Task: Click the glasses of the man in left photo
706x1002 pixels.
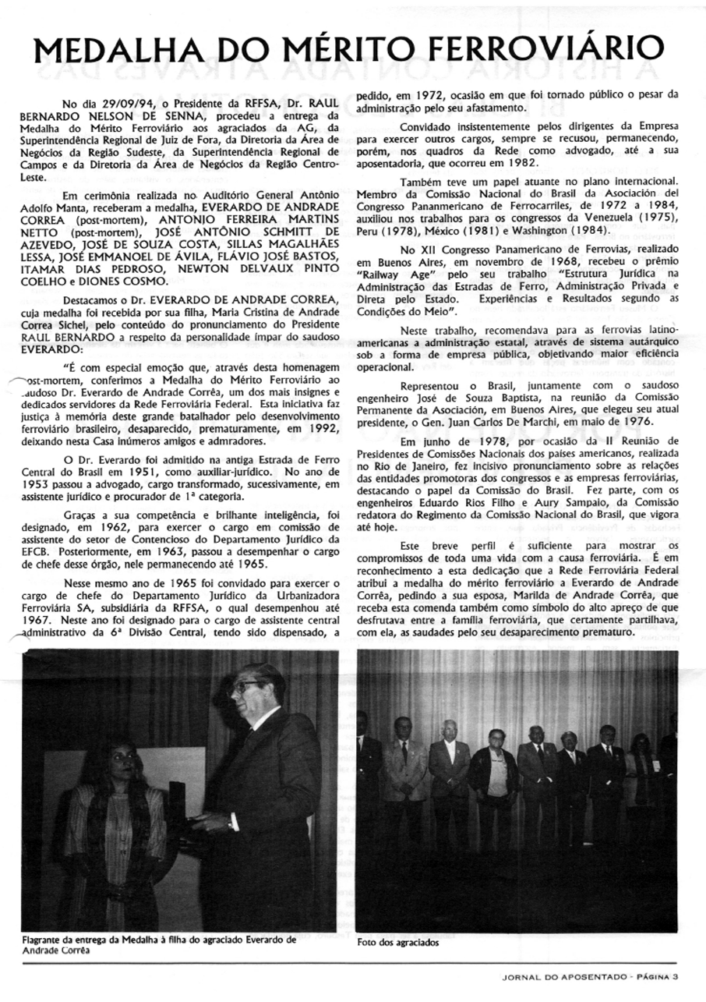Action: [x=249, y=685]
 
